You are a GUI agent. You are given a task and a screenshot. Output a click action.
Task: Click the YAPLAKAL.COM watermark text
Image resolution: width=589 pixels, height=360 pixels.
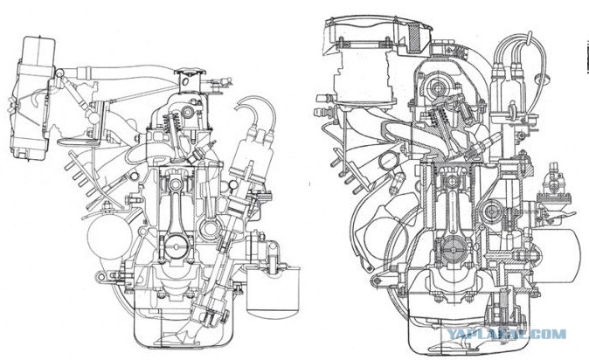pyautogui.click(x=507, y=334)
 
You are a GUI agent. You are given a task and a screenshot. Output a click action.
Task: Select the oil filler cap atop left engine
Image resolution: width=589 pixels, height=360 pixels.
pyautogui.click(x=191, y=72)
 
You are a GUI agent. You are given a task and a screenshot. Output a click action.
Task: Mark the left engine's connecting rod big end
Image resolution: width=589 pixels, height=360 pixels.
pyautogui.click(x=176, y=247)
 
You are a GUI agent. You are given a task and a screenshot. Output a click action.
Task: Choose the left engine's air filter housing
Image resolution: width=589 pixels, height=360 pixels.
pyautogui.click(x=31, y=99)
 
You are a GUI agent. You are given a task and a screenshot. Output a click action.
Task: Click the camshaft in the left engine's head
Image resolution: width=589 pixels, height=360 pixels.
pyautogui.click(x=188, y=111)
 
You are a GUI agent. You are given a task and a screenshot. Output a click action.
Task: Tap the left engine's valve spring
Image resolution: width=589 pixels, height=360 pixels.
pyautogui.click(x=167, y=127)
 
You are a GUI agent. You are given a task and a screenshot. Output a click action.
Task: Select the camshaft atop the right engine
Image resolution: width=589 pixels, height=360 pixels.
pyautogui.click(x=437, y=88)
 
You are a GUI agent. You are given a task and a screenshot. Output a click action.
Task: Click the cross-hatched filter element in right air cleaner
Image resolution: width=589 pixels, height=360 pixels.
pyautogui.click(x=415, y=37)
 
